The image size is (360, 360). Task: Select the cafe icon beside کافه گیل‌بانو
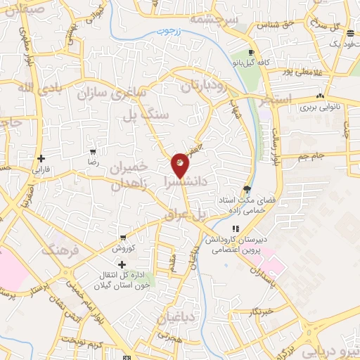(252, 53)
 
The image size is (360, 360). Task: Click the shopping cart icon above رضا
(93, 152)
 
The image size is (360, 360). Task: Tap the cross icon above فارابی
(41, 158)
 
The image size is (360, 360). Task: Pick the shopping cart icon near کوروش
(123, 238)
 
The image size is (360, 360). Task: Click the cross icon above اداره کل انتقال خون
(122, 264)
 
